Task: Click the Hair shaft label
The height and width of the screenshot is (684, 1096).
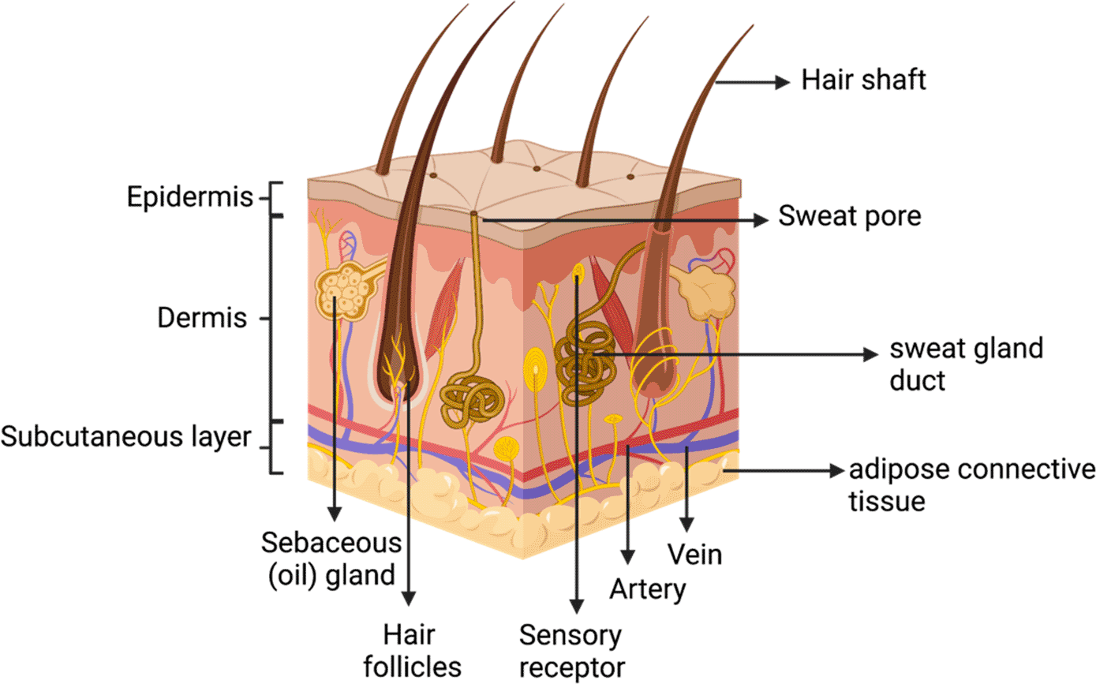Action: (x=863, y=80)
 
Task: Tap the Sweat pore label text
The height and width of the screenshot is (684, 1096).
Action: (x=850, y=217)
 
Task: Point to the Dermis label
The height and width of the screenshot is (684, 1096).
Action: (x=203, y=319)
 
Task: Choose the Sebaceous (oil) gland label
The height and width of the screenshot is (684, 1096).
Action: (x=332, y=559)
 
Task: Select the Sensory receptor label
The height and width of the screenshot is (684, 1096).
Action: (x=570, y=649)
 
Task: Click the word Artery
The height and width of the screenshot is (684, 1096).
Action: (x=648, y=589)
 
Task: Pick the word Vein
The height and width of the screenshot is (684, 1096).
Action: (x=694, y=554)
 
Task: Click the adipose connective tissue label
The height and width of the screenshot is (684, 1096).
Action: (x=971, y=485)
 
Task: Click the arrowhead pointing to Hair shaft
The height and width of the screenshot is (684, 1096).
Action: (x=782, y=80)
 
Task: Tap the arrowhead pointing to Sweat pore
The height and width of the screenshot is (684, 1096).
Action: (x=761, y=221)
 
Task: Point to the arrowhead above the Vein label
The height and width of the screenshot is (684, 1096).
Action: (x=687, y=525)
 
